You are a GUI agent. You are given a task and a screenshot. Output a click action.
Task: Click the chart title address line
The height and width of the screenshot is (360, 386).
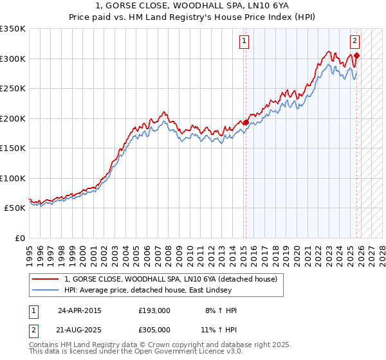point(192,6)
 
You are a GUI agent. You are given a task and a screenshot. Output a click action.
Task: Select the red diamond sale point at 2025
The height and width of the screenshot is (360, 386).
point(356,55)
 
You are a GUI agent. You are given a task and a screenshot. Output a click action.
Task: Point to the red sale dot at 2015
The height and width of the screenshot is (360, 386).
point(246,122)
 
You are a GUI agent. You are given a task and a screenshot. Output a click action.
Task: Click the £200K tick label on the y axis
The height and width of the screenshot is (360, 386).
point(13,118)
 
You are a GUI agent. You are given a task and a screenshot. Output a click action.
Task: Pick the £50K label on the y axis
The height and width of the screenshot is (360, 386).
point(15,208)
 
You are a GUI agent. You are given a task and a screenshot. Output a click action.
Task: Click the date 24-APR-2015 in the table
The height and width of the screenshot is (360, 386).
point(79,310)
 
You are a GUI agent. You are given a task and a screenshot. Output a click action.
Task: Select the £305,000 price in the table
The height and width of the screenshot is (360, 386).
point(154,330)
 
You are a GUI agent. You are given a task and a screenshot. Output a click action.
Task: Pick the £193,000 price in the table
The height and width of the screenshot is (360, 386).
point(154,310)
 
